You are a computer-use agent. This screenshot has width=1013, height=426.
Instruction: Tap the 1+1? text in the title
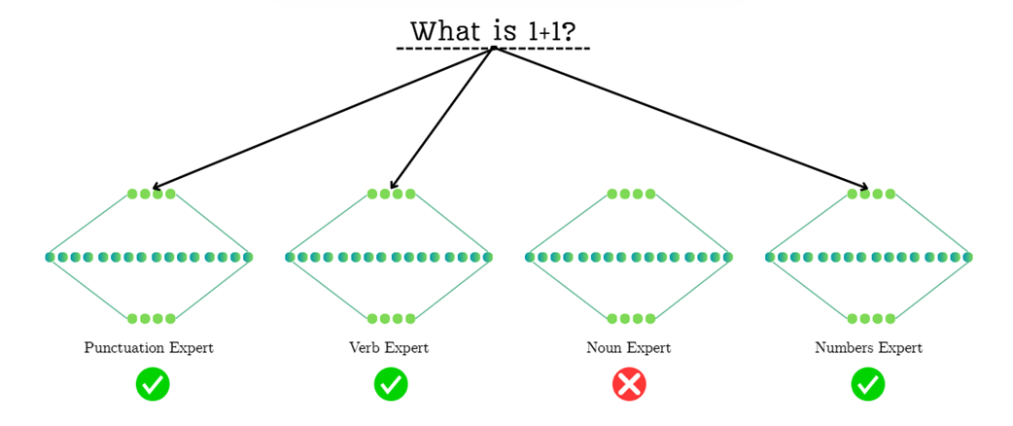coord(551,31)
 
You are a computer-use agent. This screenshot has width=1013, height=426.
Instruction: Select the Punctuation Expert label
coord(149,348)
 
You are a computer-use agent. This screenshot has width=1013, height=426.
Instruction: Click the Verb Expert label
coord(389,348)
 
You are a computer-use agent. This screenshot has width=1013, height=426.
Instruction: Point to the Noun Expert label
coord(629,348)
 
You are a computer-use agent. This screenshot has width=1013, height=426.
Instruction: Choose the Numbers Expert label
coord(868,348)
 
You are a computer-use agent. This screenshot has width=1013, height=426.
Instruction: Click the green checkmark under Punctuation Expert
coord(153,384)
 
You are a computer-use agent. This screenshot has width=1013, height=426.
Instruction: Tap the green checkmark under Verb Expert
coord(391,384)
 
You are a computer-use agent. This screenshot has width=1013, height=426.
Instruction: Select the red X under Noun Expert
coord(629,384)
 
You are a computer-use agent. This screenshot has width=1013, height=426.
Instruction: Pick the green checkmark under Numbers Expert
coord(868,384)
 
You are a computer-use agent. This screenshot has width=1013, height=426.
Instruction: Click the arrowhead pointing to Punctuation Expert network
coord(156,187)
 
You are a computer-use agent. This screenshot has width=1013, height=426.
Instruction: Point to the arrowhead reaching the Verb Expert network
coord(392,186)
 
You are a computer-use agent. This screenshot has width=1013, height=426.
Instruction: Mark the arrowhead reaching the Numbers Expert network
coord(865,188)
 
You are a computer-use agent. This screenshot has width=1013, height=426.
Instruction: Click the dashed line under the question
coord(493,49)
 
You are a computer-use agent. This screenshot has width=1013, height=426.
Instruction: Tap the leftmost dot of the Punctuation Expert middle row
coord(50,258)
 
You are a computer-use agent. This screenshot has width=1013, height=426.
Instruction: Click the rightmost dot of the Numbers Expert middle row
coord(968,258)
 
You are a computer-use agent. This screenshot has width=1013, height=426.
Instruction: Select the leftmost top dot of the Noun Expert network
coord(612,195)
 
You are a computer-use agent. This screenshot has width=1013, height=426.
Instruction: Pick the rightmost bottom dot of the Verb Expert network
coord(411,318)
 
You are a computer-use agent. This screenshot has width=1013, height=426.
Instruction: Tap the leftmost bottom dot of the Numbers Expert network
coord(853,318)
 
